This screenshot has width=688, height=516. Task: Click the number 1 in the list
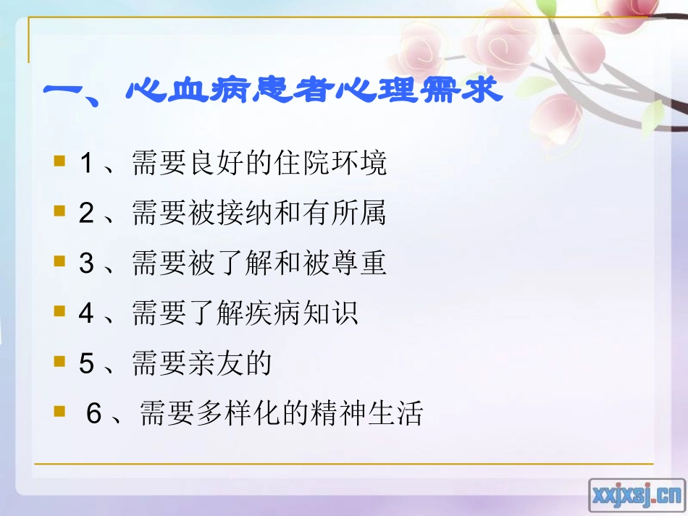tap(86, 164)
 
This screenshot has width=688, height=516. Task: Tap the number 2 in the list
tap(86, 214)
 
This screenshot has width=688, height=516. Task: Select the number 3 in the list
tap(86, 264)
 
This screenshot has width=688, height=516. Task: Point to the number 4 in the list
tap(86, 314)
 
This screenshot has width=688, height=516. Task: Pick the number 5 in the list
tap(86, 364)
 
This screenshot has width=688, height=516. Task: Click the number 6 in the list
tap(93, 415)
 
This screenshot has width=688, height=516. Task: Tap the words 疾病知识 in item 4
tap(303, 314)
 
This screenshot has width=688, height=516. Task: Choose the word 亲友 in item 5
tap(217, 364)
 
